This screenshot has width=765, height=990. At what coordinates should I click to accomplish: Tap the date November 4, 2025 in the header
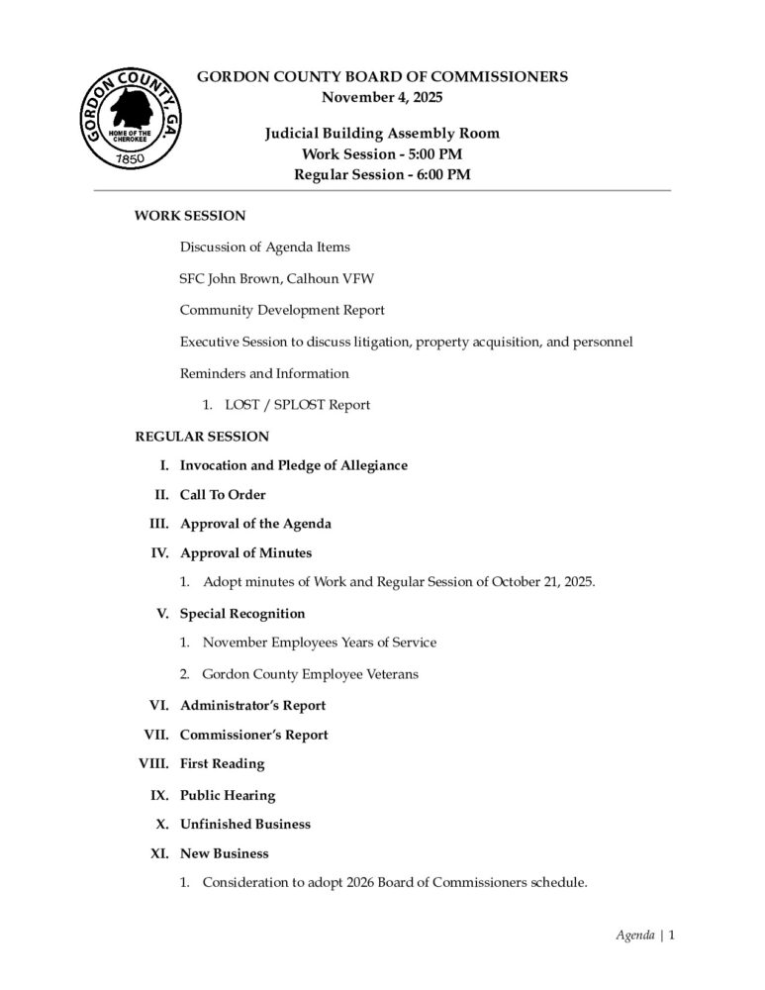382,97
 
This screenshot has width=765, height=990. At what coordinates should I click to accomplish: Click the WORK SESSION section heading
190,215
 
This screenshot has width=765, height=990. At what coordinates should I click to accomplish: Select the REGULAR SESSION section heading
202,436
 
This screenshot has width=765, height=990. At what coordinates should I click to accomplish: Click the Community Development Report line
282,310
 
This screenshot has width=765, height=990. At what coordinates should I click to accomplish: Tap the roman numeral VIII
154,763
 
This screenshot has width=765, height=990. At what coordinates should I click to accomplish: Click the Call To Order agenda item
223,494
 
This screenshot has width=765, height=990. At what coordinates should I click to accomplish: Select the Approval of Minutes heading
245,552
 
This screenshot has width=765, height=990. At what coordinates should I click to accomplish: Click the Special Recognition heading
242,613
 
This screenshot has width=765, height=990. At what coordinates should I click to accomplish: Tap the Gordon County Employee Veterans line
310,674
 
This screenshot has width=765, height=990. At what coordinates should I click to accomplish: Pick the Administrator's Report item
252,705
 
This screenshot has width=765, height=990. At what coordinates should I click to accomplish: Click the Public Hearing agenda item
228,795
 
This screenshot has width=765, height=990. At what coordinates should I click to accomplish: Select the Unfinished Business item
245,824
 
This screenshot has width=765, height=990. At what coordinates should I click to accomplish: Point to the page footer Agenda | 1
644,935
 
